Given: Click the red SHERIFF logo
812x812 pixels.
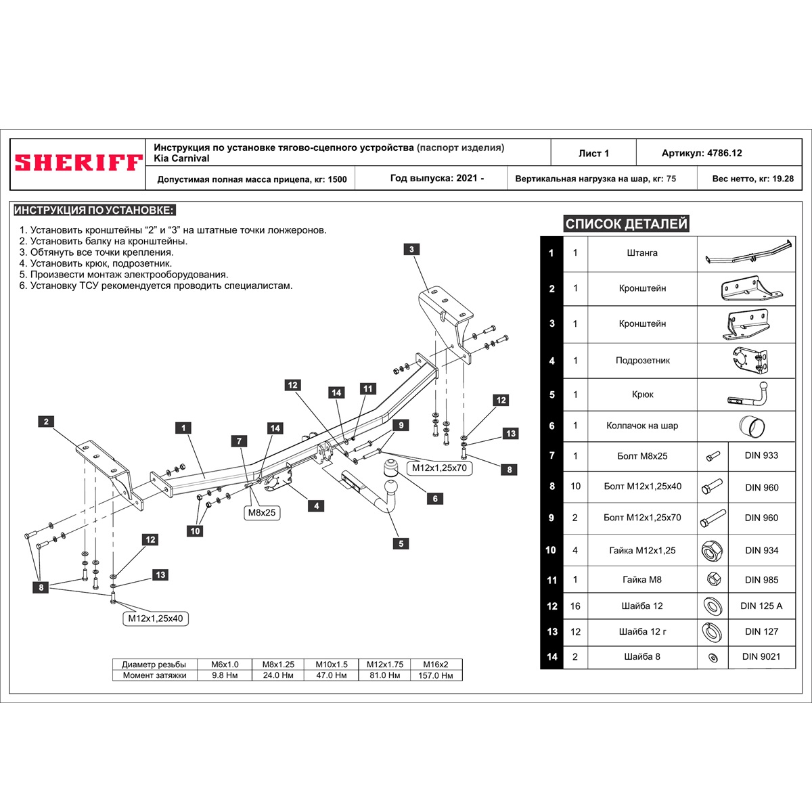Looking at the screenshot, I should [x=78, y=163].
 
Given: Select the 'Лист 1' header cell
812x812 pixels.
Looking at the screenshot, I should [x=593, y=154].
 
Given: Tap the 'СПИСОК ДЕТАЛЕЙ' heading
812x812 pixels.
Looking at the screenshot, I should [x=626, y=224].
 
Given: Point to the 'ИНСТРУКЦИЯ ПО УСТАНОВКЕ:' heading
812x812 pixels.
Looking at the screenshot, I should [x=94, y=210].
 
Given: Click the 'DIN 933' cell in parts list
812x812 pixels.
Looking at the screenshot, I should [x=761, y=455].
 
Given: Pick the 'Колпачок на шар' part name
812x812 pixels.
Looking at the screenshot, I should [x=641, y=426].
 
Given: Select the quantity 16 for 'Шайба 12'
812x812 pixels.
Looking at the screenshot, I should [x=575, y=606].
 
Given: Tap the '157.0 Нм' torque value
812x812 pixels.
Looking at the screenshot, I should [x=436, y=675].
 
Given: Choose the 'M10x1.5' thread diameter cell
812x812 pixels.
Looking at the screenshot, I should [x=332, y=664].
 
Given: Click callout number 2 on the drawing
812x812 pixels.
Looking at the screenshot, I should [x=46, y=422].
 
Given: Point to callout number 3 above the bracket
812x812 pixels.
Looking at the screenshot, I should [x=411, y=250].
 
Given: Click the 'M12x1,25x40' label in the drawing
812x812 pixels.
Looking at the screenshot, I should [x=155, y=618].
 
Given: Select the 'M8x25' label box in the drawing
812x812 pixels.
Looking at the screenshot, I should [x=262, y=513].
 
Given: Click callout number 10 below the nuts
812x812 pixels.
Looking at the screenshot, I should [x=195, y=531].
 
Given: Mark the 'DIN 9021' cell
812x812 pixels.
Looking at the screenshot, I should [x=761, y=656].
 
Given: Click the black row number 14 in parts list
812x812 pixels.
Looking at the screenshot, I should [x=552, y=656].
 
